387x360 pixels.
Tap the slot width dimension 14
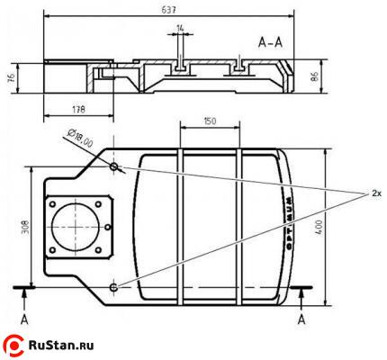pos(180,30)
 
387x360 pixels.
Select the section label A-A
pos(271,42)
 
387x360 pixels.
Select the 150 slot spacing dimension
pos(210,121)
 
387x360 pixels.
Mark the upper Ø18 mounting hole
pos(114,167)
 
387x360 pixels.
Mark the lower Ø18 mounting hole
pos(114,286)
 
